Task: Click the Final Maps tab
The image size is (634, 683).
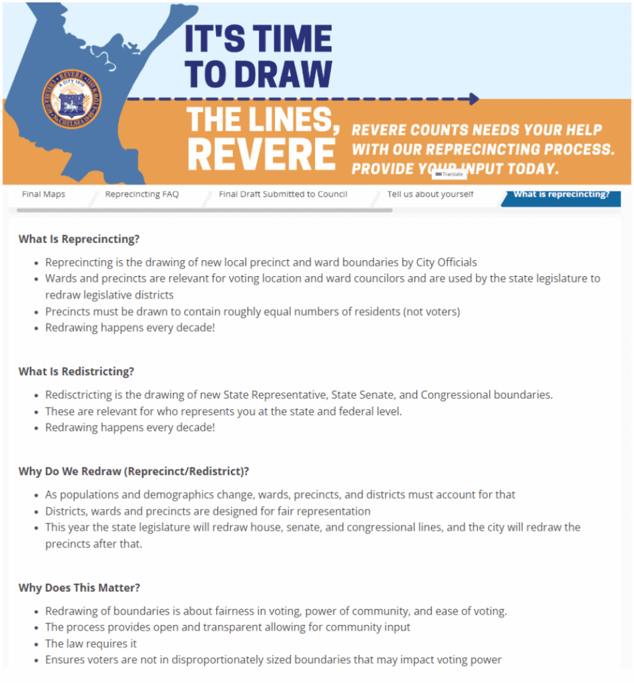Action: tap(43, 195)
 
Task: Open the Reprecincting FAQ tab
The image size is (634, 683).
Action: tap(141, 195)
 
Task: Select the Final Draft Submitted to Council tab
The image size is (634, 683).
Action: tap(283, 195)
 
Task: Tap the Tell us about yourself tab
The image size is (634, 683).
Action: tap(430, 195)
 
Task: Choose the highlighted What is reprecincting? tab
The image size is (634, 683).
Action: tap(561, 195)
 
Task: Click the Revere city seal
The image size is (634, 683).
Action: tap(67, 99)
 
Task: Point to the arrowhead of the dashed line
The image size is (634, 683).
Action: tap(474, 99)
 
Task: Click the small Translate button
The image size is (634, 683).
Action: tap(448, 174)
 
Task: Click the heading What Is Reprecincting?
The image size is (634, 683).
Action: tap(79, 239)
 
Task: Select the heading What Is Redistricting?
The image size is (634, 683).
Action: tap(76, 372)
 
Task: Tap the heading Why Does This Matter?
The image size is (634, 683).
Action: tap(79, 588)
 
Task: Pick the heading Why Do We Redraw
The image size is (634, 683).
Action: tap(133, 472)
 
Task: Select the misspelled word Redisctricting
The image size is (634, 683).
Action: tap(77, 395)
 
